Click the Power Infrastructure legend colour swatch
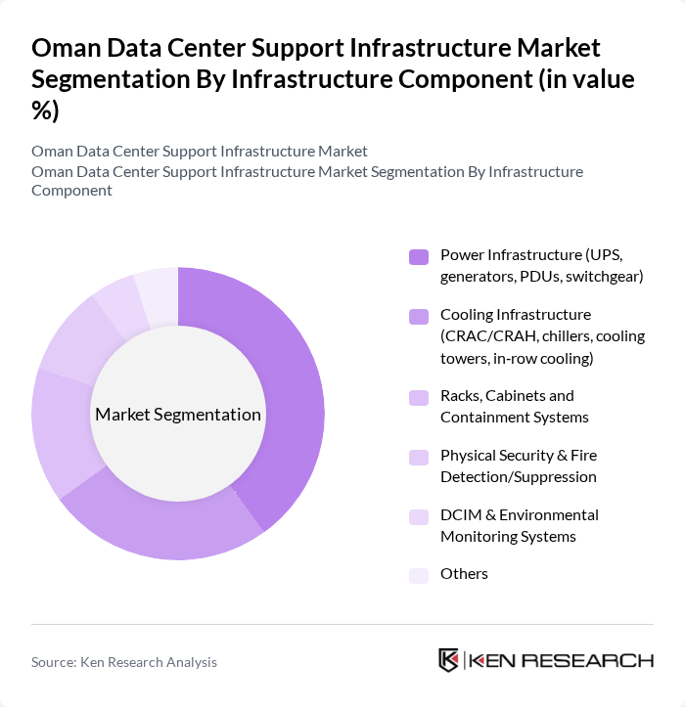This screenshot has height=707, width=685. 419,256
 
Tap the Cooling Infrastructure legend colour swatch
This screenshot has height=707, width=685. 419,316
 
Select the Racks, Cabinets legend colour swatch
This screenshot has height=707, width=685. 419,397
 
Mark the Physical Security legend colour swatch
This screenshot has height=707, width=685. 419,457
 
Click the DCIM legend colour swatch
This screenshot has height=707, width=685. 419,516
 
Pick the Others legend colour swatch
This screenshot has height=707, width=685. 419,575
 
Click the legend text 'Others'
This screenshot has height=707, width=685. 464,574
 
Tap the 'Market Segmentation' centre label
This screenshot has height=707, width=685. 178,415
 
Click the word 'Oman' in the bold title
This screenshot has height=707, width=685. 66,47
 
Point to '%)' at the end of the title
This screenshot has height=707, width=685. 45,111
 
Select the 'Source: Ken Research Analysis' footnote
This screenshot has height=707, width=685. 124,662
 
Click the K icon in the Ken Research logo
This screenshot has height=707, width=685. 449,660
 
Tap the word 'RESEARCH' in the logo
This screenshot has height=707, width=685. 597,660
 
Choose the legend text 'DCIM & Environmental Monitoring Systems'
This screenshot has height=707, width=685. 519,525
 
